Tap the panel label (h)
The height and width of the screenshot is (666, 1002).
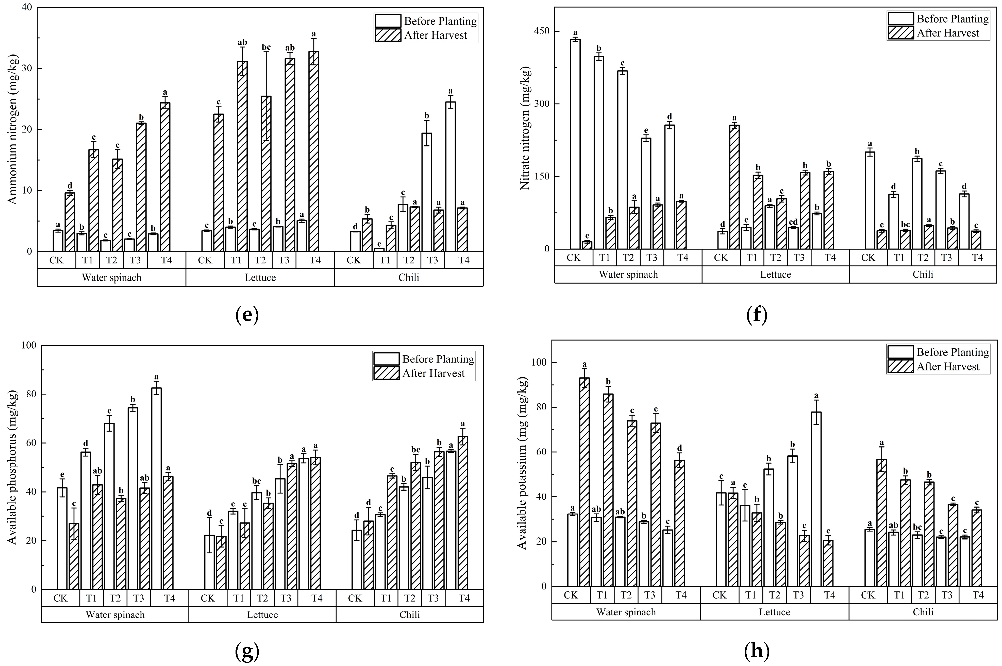click(757, 651)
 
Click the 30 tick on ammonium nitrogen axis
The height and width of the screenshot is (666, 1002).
click(26, 69)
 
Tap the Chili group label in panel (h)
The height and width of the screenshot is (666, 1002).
click(923, 612)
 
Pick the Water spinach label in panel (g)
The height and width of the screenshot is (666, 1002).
click(115, 614)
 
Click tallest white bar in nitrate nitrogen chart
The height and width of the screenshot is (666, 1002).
click(575, 144)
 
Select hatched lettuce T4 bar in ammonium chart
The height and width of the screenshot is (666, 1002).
click(313, 152)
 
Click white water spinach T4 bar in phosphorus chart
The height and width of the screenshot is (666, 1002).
click(156, 488)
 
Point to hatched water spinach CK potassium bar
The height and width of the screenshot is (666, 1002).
click(584, 482)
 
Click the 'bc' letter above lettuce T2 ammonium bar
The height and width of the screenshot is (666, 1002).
click(266, 47)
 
